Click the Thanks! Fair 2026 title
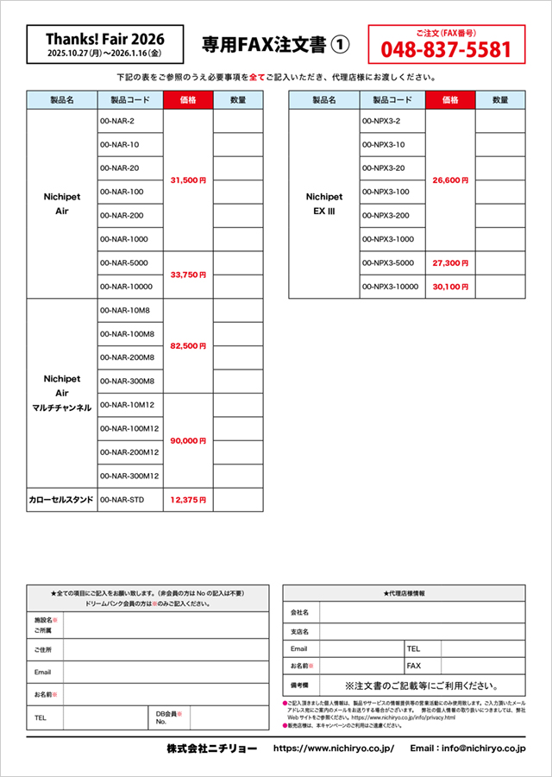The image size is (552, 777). [x=104, y=39]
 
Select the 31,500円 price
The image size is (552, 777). [x=187, y=180]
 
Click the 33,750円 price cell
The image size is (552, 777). [x=187, y=275]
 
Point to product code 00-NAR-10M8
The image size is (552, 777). [x=126, y=310]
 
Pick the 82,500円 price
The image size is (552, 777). [x=187, y=345]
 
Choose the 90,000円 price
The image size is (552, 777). [x=187, y=440]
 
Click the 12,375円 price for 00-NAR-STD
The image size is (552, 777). [x=187, y=499]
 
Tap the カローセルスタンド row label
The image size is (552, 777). [x=61, y=499]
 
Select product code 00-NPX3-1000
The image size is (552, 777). [x=388, y=239]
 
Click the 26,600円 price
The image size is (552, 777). [x=450, y=180]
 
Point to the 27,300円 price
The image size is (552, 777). [x=450, y=262]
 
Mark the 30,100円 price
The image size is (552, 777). [x=450, y=287]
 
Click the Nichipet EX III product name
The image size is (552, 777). [x=324, y=204]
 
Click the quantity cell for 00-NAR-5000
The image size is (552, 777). [x=238, y=262]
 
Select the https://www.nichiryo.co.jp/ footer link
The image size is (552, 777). [x=333, y=749]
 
